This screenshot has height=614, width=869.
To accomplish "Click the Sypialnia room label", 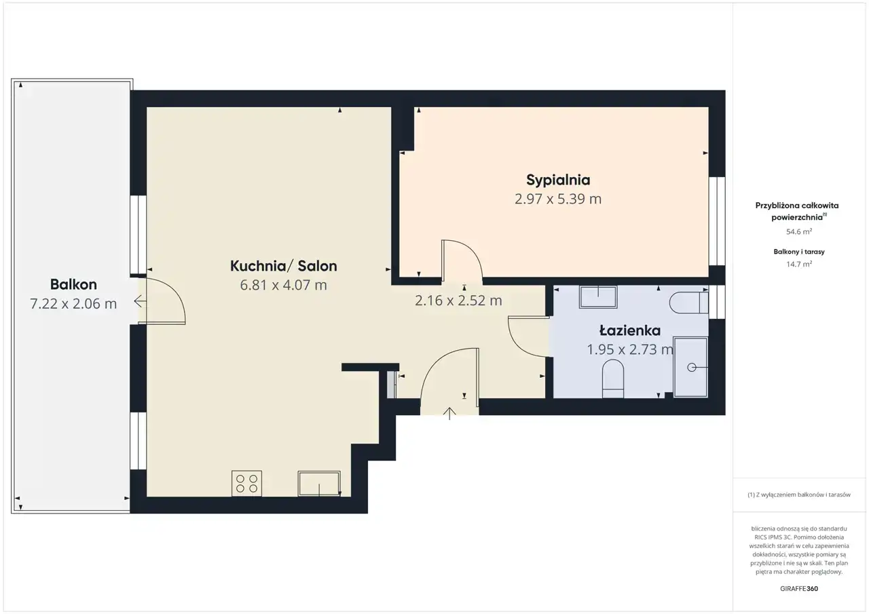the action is click(x=558, y=180).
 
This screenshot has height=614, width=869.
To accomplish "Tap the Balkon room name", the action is click(x=73, y=284).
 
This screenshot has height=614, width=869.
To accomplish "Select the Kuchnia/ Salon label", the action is click(x=284, y=266).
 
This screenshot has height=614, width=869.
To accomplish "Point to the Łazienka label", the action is click(x=629, y=330).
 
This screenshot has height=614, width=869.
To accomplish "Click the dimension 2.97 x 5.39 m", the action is click(x=558, y=199).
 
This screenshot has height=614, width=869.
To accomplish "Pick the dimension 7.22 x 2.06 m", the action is click(x=73, y=303).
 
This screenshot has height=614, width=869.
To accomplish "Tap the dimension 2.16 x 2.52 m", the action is click(x=458, y=301).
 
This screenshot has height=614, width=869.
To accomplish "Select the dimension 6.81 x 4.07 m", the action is click(x=283, y=285).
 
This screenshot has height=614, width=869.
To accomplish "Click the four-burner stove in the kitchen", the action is click(x=246, y=483).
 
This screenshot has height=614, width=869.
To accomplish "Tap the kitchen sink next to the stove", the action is click(x=319, y=483).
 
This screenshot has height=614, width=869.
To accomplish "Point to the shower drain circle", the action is click(x=691, y=367).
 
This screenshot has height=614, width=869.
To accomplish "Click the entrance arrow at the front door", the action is click(x=449, y=414).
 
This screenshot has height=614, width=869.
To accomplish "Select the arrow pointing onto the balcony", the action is click(x=140, y=301).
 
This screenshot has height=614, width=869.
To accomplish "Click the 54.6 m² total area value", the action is click(x=799, y=231).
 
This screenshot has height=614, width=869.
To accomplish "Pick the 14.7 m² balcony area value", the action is click(x=799, y=264).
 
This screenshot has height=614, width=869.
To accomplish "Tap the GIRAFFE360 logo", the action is click(x=799, y=588).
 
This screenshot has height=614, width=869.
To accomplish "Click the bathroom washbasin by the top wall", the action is click(x=598, y=297).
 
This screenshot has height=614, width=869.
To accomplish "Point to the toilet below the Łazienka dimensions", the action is click(x=612, y=379).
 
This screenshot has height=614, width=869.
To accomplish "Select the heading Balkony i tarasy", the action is click(x=799, y=252).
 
